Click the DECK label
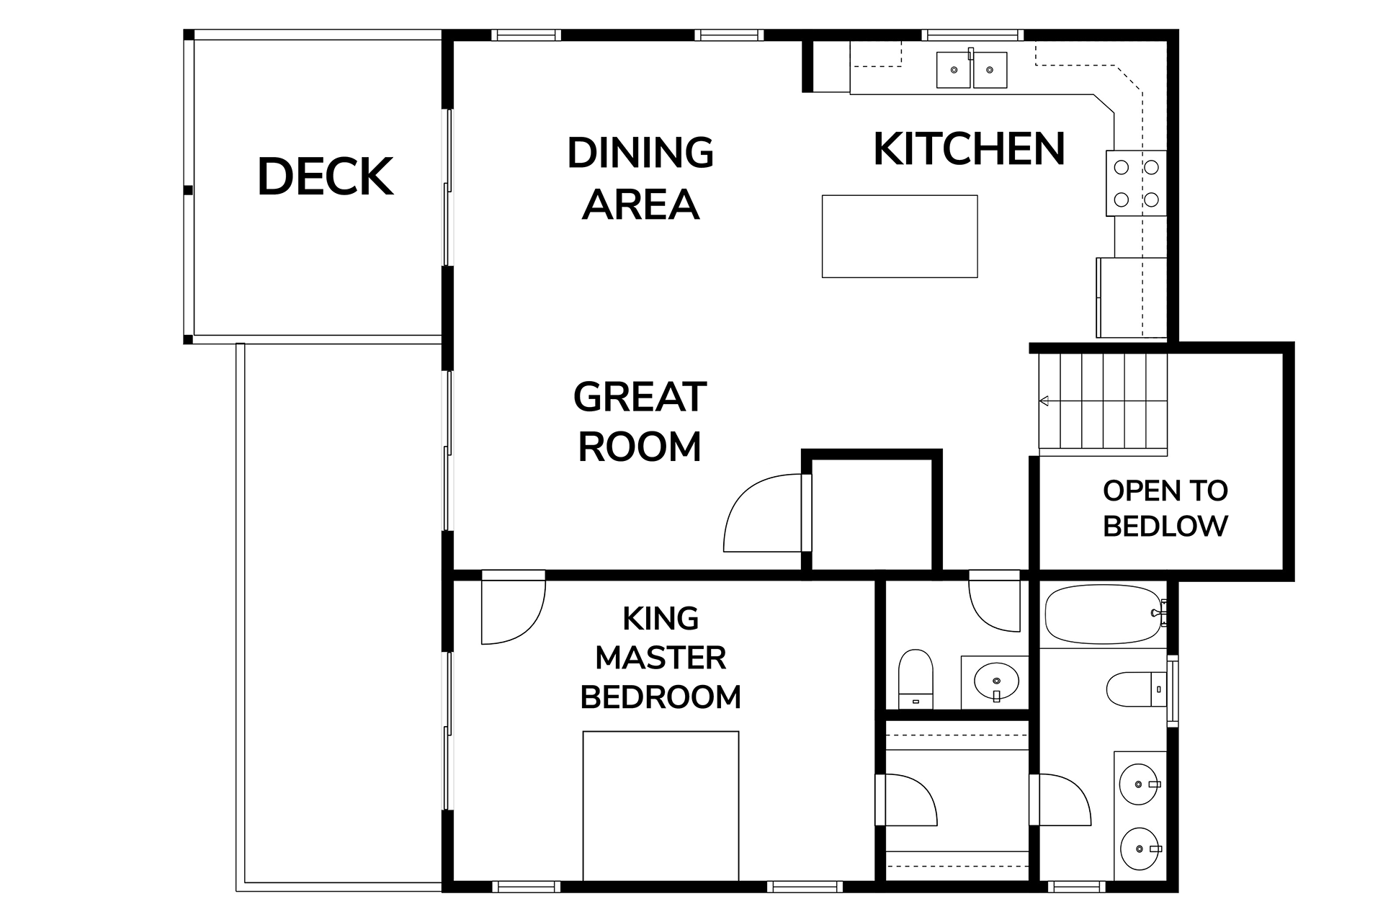click(326, 176)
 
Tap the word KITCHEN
click(969, 149)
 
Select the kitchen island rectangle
click(900, 236)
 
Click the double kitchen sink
click(972, 69)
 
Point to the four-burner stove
click(1136, 183)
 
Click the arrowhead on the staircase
click(1043, 400)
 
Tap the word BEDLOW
click(1165, 526)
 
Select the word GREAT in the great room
click(640, 397)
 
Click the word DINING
click(640, 152)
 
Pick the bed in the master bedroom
click(661, 805)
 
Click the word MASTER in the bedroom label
click(661, 658)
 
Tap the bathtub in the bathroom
click(1104, 614)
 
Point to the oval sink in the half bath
click(996, 679)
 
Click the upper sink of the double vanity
click(1139, 784)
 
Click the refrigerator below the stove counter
click(1131, 297)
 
